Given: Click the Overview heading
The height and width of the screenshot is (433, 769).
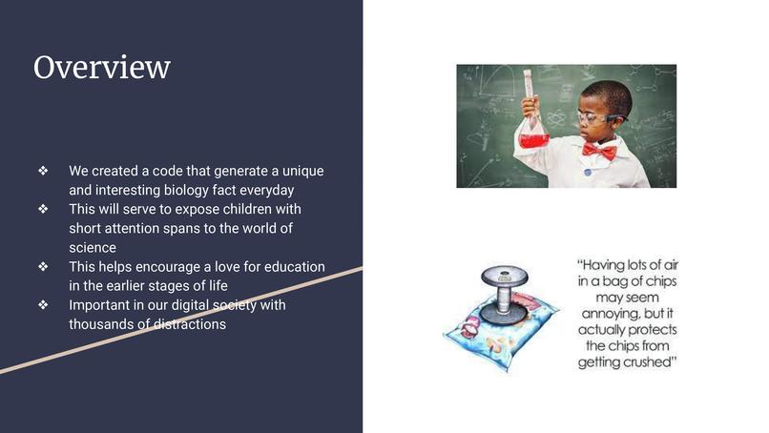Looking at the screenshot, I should [102, 68].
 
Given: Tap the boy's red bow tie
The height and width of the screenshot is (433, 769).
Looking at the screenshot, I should [598, 151].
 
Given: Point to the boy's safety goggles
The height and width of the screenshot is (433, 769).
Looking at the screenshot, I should [599, 117].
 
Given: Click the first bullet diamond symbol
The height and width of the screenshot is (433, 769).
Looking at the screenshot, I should [43, 171].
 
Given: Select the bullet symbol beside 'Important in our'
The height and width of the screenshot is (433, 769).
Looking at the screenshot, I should [43, 305].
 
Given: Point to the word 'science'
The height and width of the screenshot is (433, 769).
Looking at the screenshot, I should [92, 247].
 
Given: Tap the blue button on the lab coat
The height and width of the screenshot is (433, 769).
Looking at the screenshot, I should [589, 172].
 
